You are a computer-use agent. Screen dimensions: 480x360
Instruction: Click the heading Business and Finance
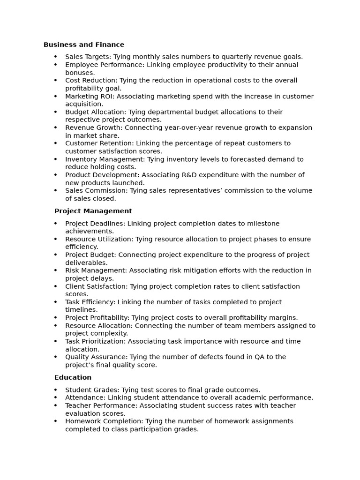click(x=84, y=45)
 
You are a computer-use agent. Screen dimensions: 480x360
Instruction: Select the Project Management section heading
click(x=93, y=211)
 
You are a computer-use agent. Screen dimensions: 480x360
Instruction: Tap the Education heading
click(x=73, y=377)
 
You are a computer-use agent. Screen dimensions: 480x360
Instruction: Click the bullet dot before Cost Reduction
click(x=55, y=81)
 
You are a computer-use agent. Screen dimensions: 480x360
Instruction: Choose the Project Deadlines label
click(x=95, y=224)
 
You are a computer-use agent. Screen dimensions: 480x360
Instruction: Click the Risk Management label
click(x=96, y=270)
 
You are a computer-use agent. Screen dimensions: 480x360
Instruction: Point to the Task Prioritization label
click(x=95, y=341)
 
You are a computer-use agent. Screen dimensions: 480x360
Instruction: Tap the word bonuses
click(x=80, y=73)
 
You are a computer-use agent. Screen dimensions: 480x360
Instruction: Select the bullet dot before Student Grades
click(x=55, y=390)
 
